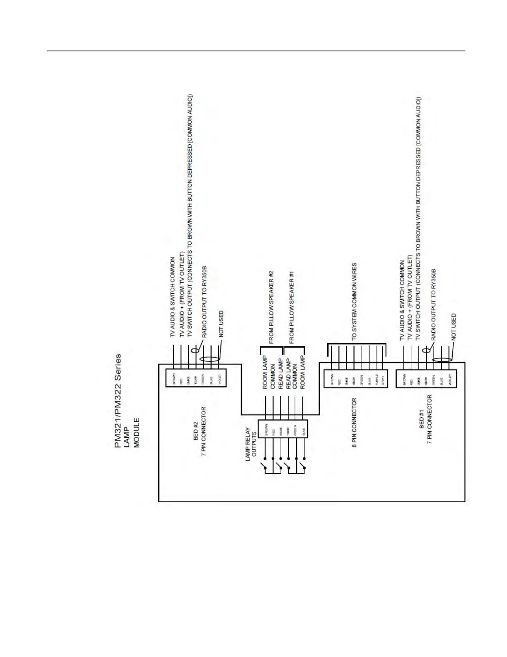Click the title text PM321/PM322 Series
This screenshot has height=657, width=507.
(x=118, y=401)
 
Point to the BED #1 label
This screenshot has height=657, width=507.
(x=422, y=419)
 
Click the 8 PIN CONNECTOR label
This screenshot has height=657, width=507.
(x=354, y=423)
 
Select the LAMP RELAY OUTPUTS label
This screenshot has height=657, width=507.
(x=251, y=444)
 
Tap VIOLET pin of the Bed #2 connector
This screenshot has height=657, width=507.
(x=220, y=379)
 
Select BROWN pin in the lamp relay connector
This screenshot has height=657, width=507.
(x=266, y=429)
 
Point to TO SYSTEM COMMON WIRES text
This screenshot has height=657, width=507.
(x=354, y=302)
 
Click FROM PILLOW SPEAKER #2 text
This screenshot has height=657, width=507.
(x=271, y=307)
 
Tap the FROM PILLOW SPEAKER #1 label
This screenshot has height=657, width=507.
(x=292, y=307)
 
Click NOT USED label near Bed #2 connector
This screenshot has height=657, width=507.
(x=221, y=324)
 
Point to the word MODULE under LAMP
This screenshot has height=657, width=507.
(x=137, y=432)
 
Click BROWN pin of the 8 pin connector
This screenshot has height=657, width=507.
(x=332, y=379)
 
